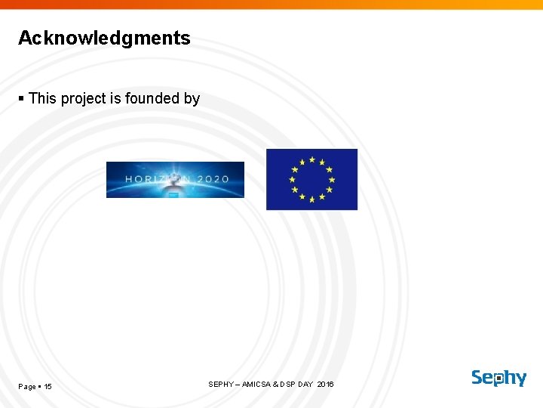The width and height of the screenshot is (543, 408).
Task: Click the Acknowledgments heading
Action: pos(104,38)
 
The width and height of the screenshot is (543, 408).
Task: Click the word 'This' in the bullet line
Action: pos(42,98)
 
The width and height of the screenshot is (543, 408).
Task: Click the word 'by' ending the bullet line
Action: pos(192,99)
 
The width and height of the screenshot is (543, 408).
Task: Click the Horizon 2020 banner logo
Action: pos(175,180)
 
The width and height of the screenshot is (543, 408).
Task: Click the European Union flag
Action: pos(311,179)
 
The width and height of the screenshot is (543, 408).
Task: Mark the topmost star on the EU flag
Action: pos(311,159)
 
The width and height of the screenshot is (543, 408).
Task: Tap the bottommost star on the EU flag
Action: pos(311,199)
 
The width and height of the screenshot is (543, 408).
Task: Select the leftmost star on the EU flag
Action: pos(291,179)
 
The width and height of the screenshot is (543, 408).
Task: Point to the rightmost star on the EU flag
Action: pos(332,179)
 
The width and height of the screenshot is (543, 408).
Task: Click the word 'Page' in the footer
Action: pos(27,387)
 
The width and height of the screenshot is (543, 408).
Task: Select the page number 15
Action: pos(48,387)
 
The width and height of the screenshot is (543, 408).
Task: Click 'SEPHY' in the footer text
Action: pos(220,385)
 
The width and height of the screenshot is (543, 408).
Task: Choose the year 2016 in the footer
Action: pos(325,385)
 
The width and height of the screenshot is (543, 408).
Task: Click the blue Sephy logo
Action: pos(499,378)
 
